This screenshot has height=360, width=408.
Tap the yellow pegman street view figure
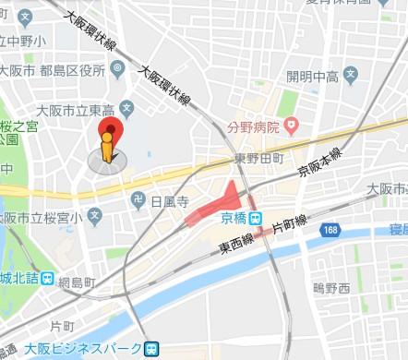107,149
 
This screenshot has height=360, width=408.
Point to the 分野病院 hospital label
254,125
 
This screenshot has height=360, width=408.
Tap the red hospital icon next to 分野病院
292,125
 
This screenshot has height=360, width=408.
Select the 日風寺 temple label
169,198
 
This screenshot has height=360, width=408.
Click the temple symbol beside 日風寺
138,198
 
